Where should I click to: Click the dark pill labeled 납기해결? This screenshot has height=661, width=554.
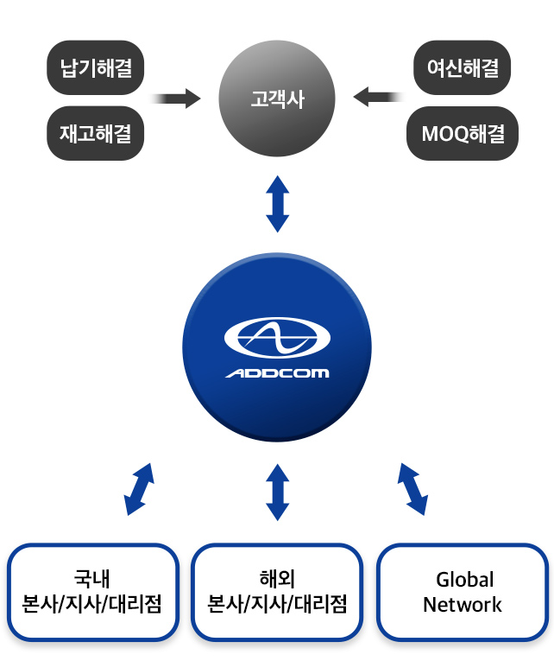[95, 67]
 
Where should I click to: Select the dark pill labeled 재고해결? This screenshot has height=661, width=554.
[95, 133]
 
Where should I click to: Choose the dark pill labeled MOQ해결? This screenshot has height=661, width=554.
[463, 133]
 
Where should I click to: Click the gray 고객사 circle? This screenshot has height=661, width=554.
[277, 99]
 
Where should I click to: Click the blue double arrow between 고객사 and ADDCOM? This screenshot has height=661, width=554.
[277, 203]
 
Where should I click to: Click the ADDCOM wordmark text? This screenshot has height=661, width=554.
[277, 373]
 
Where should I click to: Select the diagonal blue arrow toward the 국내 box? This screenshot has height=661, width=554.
[139, 489]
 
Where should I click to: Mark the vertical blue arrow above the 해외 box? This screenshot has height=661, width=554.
[277, 492]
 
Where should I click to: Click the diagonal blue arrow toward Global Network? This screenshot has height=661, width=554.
[412, 489]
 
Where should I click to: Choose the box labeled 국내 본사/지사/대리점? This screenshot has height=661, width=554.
[93, 592]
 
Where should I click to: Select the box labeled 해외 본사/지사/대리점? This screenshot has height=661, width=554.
[277, 592]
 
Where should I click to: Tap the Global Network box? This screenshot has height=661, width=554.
[463, 592]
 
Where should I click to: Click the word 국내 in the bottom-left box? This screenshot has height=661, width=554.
[93, 578]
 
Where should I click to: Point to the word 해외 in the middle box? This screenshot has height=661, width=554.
[277, 578]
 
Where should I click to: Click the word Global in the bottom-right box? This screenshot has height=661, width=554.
[464, 579]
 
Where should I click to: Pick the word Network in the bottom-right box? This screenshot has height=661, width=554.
[463, 605]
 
